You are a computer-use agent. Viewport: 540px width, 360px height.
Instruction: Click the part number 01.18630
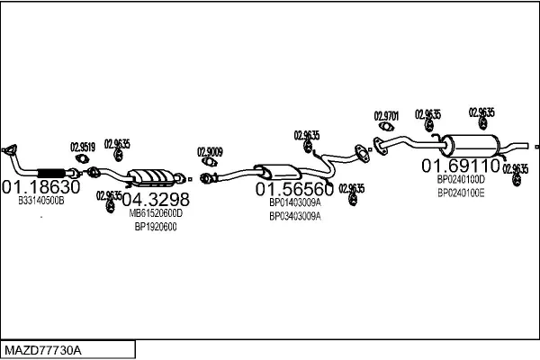[41, 187]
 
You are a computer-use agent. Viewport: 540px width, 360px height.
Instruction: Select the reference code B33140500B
[41, 202]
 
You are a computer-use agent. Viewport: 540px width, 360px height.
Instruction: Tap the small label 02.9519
[83, 147]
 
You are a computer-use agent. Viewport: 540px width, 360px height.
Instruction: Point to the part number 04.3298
[156, 199]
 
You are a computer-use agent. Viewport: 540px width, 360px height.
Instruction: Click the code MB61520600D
[156, 213]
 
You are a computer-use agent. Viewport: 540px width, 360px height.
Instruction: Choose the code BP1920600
[156, 227]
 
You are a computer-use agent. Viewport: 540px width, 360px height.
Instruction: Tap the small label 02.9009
[211, 152]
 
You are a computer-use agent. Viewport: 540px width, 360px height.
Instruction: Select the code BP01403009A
[294, 202]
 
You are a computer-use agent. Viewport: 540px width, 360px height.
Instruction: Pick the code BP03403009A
[294, 216]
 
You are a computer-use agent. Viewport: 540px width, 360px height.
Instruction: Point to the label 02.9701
[386, 116]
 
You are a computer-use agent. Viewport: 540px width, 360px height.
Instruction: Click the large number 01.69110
[461, 166]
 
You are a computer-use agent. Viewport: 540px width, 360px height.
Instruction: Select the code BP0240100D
[461, 179]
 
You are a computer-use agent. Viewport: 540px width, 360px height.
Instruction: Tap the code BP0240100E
[461, 192]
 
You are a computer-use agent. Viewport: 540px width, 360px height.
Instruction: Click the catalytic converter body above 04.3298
[154, 177]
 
